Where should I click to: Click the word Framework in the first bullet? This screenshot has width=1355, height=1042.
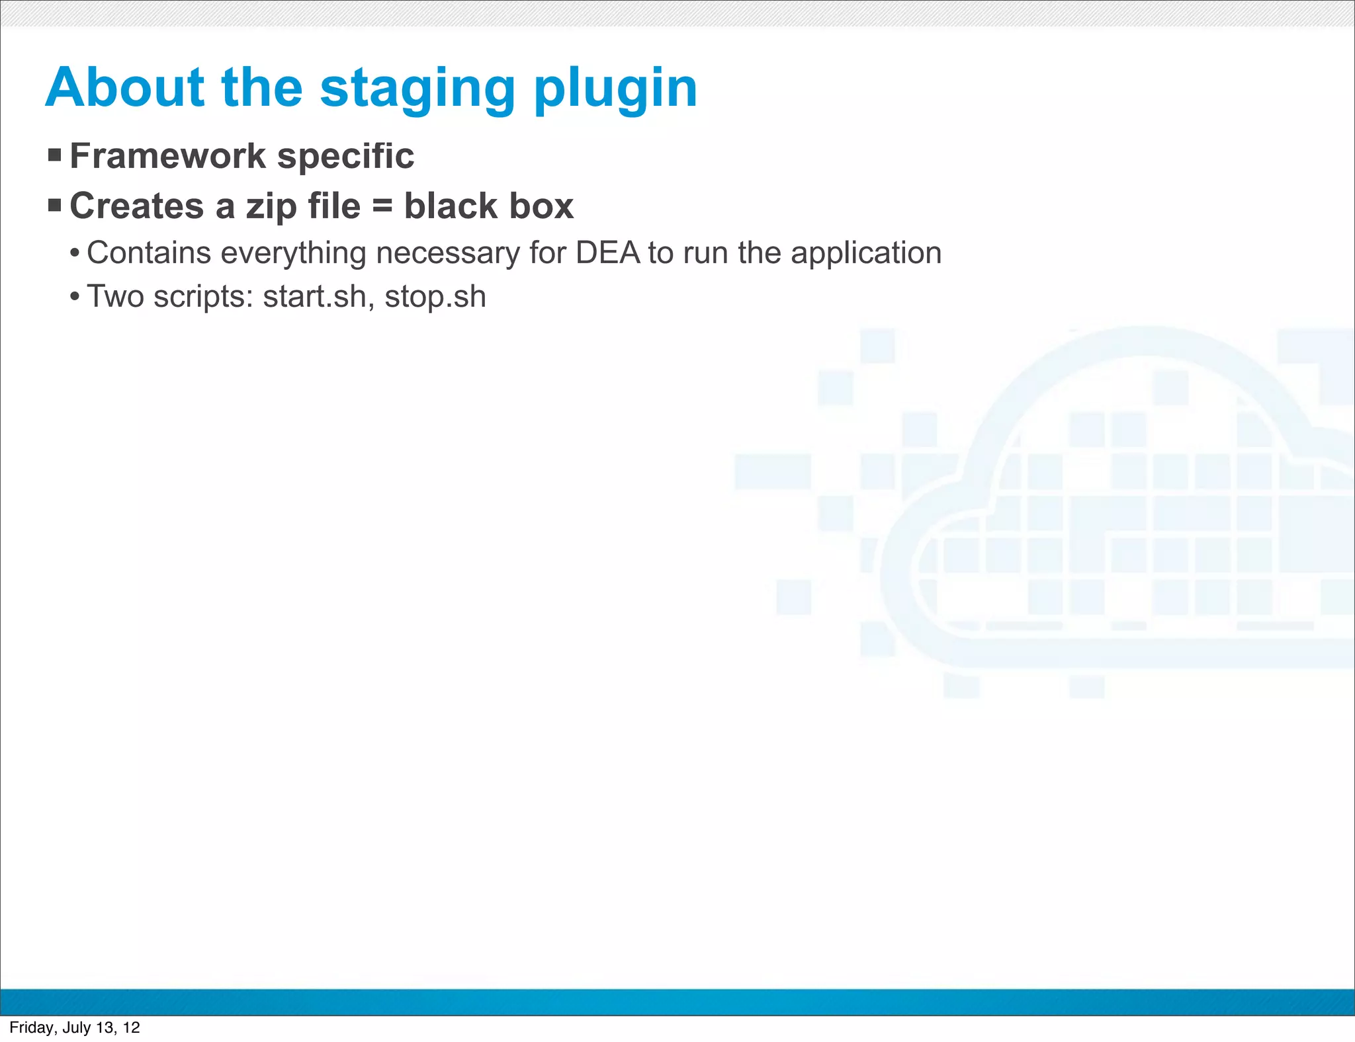point(167,156)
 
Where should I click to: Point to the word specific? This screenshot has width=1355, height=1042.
point(345,157)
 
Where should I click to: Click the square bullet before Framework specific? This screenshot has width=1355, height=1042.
point(55,156)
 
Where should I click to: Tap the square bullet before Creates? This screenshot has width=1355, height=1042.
point(55,206)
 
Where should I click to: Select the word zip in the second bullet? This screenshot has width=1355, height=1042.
point(271,207)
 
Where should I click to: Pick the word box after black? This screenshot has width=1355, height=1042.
point(541,206)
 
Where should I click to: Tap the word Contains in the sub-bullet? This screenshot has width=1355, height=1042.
point(149,253)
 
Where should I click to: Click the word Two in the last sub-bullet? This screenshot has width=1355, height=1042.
point(115,297)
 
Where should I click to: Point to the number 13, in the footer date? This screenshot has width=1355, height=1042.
point(107,1027)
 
